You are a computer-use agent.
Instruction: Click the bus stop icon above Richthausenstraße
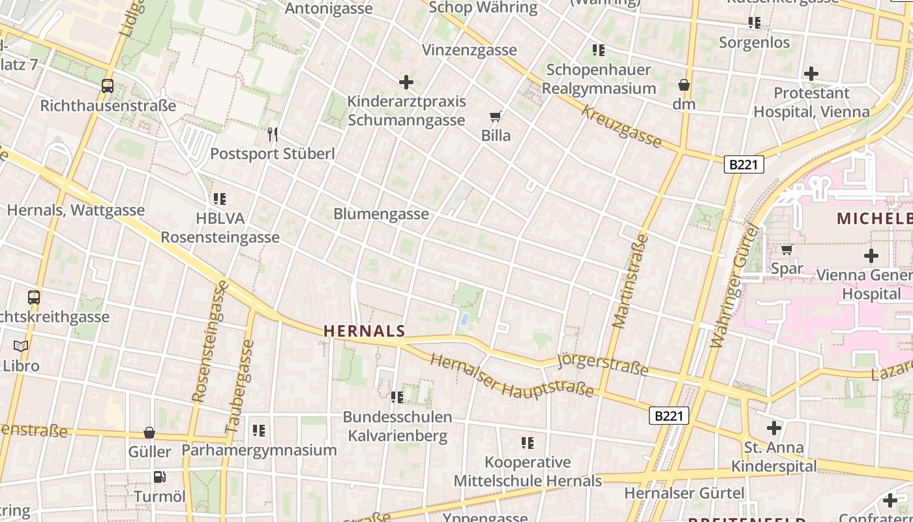point(108,85)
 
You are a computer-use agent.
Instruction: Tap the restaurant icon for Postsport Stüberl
point(273,134)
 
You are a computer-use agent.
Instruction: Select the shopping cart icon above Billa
point(496,117)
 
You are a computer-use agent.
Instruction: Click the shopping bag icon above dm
point(683,85)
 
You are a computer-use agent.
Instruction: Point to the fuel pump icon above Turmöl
point(160,477)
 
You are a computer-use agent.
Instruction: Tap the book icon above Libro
point(21,346)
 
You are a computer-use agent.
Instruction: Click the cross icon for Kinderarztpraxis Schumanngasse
point(406,82)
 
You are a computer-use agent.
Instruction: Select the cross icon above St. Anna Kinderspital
point(774,428)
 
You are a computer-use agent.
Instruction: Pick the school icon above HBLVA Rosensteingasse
point(220,198)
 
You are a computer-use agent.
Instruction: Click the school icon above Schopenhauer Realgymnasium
point(599,50)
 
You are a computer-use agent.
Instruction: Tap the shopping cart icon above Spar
point(787,249)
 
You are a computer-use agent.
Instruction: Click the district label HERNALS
point(365,331)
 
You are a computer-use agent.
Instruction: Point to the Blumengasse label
point(381,214)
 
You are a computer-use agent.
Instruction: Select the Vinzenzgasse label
point(469,50)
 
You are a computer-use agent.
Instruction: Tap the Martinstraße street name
point(631,281)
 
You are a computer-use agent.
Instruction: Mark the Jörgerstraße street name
point(603,365)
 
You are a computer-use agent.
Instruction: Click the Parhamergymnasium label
point(259,450)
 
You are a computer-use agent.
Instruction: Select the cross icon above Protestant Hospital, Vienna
point(811,74)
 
